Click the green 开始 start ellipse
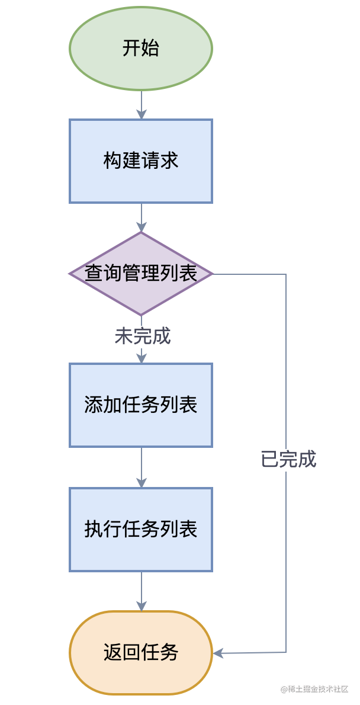click(141, 49)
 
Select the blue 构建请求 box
click(141, 161)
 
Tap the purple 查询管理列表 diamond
click(141, 274)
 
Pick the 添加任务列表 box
click(141, 405)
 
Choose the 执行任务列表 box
click(141, 529)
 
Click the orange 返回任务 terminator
click(141, 652)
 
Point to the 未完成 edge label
click(143, 336)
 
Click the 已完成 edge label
click(288, 460)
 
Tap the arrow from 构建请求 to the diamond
click(142, 217)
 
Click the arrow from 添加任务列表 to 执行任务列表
click(142, 467)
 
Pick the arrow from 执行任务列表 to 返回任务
click(142, 591)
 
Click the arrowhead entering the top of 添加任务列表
click(142, 357)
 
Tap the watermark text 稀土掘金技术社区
click(315, 689)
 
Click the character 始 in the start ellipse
click(150, 48)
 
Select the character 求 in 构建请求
click(169, 161)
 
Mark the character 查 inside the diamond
click(94, 274)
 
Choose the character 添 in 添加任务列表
click(94, 405)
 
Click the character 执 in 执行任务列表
click(94, 529)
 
